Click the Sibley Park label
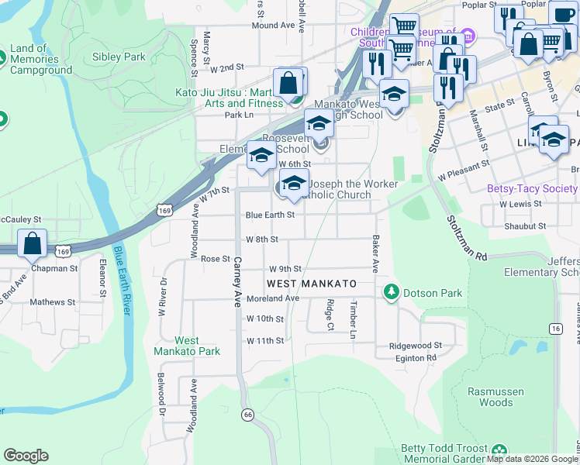[119, 57]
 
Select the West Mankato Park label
[187, 346]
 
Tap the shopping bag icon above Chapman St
[33, 243]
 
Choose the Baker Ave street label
[375, 254]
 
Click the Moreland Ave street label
[272, 298]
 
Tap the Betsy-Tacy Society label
[531, 188]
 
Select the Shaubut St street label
[526, 226]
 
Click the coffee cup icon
[562, 12]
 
